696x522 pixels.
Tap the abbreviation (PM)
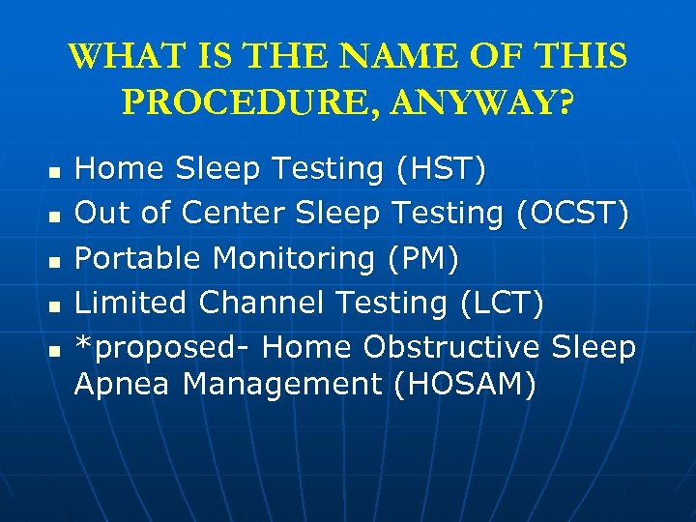[421, 258]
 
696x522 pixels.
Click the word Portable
[138, 258]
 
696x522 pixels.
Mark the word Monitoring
[294, 258]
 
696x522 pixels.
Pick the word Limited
[131, 303]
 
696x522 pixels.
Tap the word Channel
[263, 303]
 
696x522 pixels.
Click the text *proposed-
[163, 347]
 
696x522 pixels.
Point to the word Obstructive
[450, 346]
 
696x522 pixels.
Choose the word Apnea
[123, 384]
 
